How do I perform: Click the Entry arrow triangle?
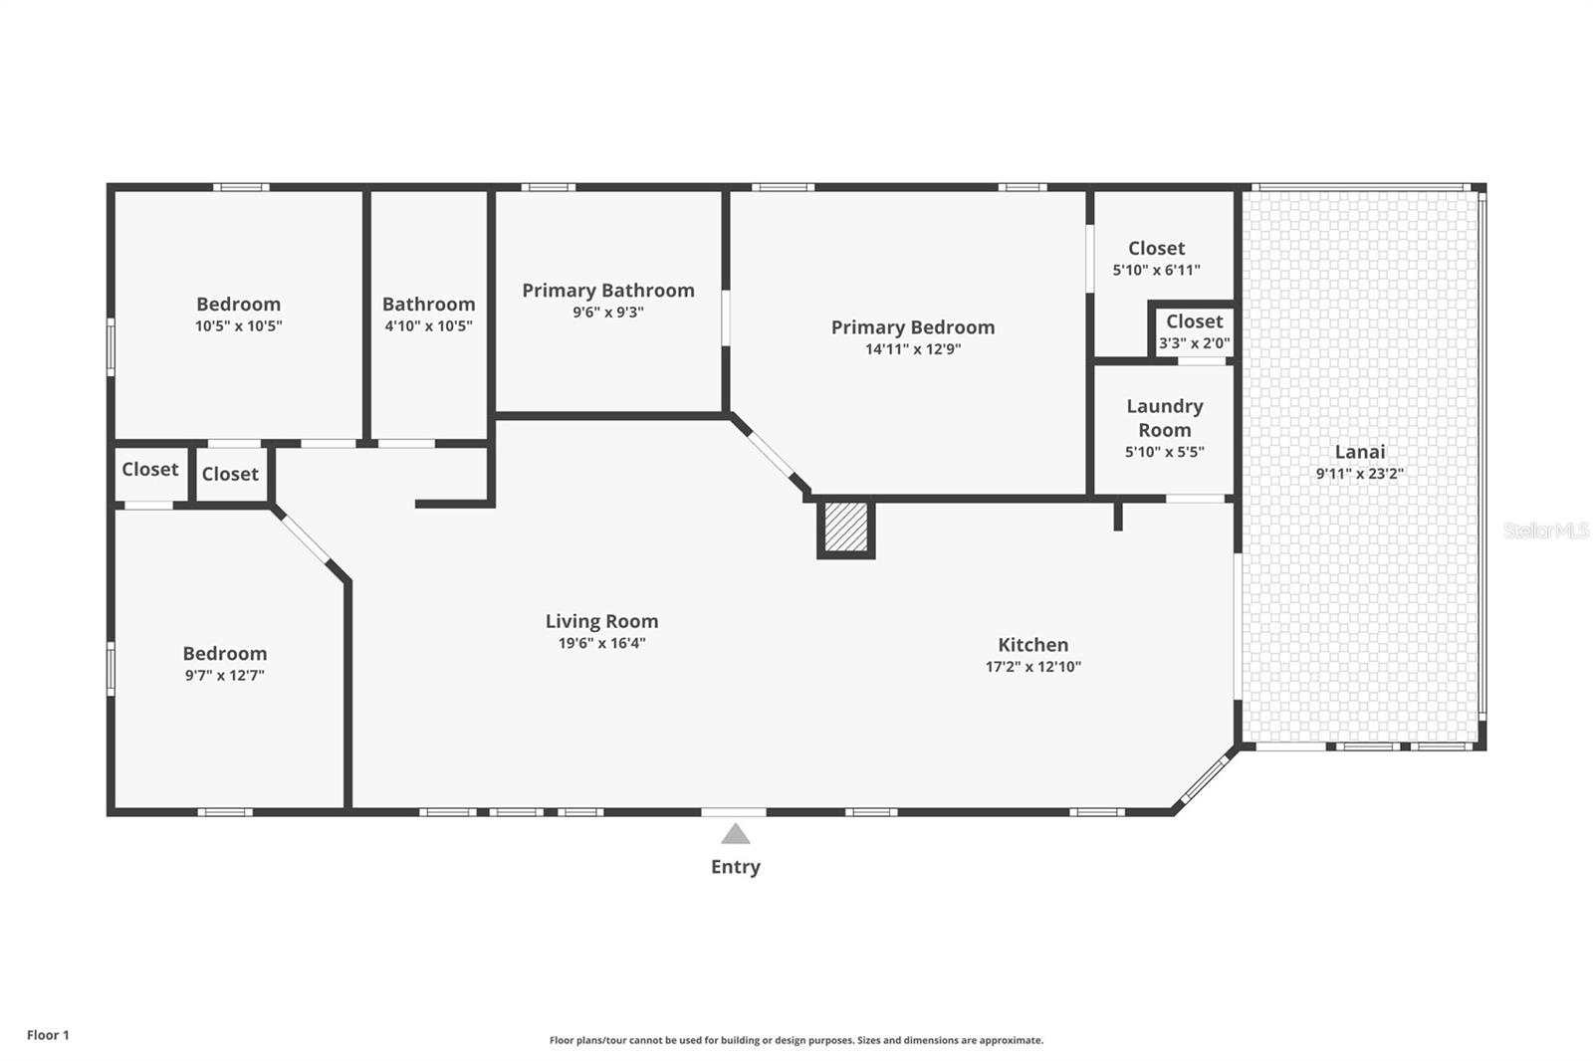(x=735, y=834)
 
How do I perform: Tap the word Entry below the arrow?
(x=735, y=867)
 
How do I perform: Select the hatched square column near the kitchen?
(x=846, y=529)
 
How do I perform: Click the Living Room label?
(x=601, y=621)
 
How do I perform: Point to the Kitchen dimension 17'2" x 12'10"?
(x=1032, y=667)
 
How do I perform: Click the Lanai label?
(x=1359, y=452)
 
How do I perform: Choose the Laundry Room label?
(x=1164, y=418)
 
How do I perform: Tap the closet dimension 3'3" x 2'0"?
(x=1194, y=343)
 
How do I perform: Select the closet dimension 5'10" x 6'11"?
(x=1156, y=270)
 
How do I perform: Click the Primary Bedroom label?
(x=912, y=327)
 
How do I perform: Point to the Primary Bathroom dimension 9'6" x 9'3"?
(x=607, y=313)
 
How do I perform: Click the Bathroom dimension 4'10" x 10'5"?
(x=428, y=326)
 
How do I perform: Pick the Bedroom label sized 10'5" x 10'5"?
(x=238, y=305)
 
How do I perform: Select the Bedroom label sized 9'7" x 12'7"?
(x=224, y=654)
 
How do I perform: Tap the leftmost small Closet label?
(x=149, y=470)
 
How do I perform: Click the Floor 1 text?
(x=48, y=1035)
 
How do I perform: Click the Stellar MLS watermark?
(x=1545, y=531)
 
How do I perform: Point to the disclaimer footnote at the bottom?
(x=796, y=1040)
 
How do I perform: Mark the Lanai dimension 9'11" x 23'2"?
(x=1359, y=474)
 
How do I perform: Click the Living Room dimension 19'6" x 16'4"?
(x=601, y=643)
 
